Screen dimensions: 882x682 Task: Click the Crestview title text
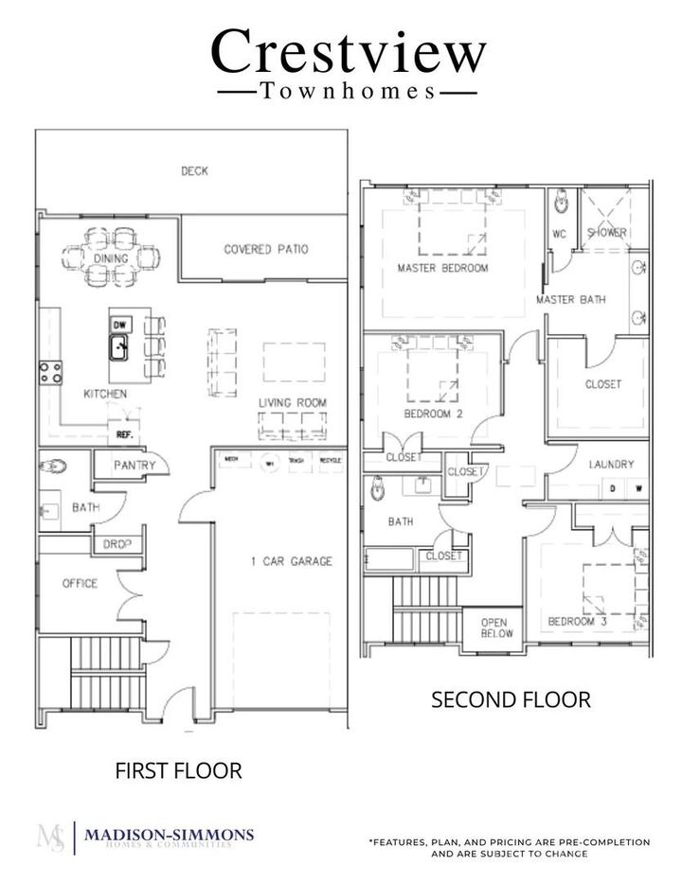click(x=348, y=52)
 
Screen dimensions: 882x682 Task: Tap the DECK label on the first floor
click(x=194, y=171)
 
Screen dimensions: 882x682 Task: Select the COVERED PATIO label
click(x=266, y=250)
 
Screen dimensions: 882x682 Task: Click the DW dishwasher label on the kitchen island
click(x=119, y=326)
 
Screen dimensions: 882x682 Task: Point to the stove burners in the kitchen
click(x=50, y=372)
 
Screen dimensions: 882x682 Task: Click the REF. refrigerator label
click(x=123, y=437)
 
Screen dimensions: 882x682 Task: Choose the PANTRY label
click(x=134, y=466)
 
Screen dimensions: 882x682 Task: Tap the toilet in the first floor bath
click(x=54, y=466)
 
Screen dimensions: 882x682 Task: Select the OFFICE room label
click(x=80, y=584)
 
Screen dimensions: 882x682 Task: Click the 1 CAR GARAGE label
click(x=291, y=561)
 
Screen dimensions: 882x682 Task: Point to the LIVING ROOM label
click(x=293, y=403)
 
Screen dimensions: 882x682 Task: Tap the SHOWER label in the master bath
click(x=606, y=233)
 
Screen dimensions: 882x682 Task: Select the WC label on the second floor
click(x=559, y=233)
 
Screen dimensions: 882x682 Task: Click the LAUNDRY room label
click(x=611, y=465)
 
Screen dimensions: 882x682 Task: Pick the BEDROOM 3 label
click(x=577, y=622)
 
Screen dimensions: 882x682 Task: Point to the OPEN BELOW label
click(x=494, y=628)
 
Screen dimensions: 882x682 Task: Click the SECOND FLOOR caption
click(x=511, y=700)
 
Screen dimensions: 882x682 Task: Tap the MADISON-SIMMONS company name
click(x=169, y=834)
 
